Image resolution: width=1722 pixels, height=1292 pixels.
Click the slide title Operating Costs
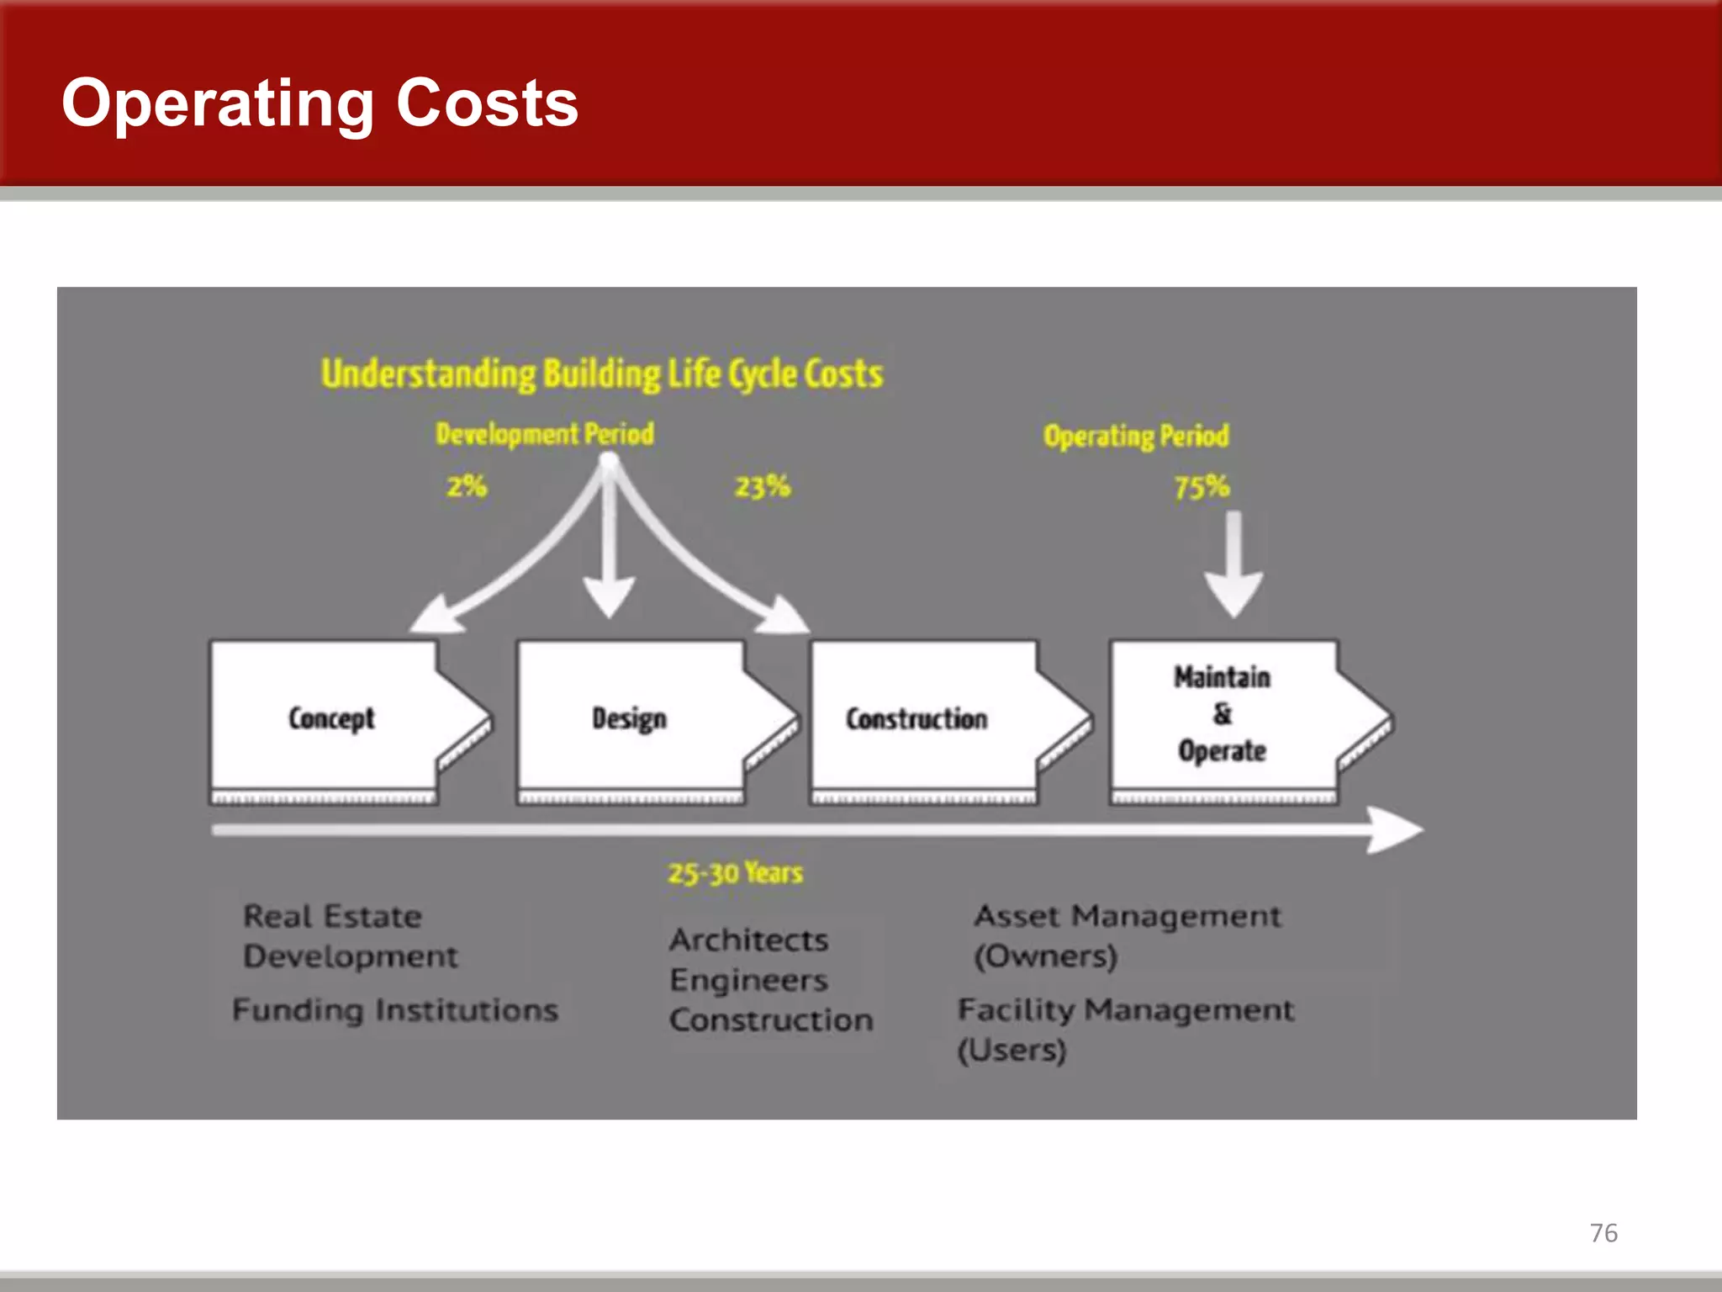[x=320, y=103]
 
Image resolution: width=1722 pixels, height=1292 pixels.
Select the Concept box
[x=332, y=718]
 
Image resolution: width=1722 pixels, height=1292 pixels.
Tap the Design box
[x=630, y=718]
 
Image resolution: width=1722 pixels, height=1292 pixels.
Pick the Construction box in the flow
[x=916, y=718]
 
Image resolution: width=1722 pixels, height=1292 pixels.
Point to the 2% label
[x=467, y=486]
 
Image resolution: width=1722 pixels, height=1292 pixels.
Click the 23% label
[x=763, y=486]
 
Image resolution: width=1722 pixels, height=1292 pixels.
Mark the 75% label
[x=1202, y=486]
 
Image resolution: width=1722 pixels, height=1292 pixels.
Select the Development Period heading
[x=545, y=434]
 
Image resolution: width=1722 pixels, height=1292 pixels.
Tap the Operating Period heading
[x=1136, y=436]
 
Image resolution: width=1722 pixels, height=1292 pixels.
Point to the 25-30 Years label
[x=736, y=873]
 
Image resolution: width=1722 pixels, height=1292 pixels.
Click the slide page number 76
[x=1603, y=1232]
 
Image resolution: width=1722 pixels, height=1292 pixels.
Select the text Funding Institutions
[x=395, y=1009]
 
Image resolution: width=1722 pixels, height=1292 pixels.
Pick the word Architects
[x=749, y=940]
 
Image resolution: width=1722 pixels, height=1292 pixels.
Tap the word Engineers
[x=749, y=980]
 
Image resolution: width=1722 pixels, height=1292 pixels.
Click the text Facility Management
[x=1126, y=1009]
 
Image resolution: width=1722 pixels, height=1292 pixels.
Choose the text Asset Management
[x=1128, y=916]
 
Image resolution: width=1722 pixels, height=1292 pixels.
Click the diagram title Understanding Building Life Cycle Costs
[x=602, y=373]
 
